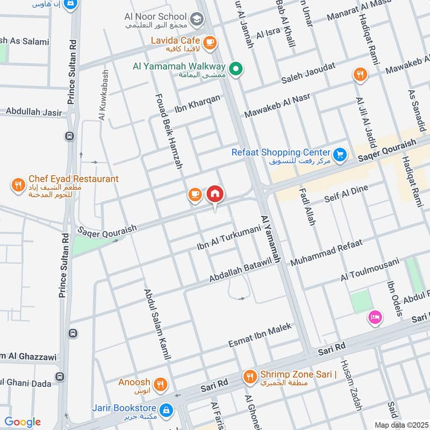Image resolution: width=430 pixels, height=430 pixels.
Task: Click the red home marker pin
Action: pos(215,193)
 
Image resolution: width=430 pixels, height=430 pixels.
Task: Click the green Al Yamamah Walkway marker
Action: pos(235,68)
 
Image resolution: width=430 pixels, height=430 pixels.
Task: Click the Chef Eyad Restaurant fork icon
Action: pos(18,186)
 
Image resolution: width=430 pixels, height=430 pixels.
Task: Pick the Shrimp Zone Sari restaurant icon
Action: pos(249,375)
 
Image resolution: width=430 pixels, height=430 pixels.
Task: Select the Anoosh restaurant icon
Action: pos(160,384)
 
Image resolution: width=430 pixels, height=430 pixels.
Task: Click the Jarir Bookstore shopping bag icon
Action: pos(167,410)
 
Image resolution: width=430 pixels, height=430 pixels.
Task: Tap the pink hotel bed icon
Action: pos(375,318)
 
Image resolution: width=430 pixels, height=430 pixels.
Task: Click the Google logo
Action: pos(23,422)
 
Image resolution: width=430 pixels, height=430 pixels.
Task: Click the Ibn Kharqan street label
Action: pos(197,104)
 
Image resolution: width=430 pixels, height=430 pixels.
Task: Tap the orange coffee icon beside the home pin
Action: pos(195,195)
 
